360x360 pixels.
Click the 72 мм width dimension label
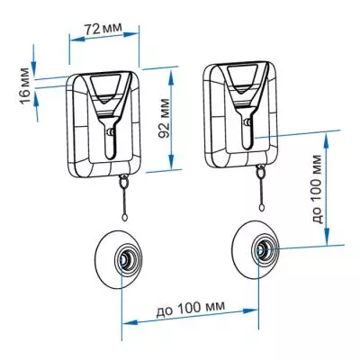tap(103, 29)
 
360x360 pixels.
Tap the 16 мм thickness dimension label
tap(25, 86)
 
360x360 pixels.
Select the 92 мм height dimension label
tap(164, 117)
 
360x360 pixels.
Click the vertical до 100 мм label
tap(318, 189)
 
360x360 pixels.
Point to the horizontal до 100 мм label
tap(190, 309)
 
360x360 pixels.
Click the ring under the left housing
tap(123, 181)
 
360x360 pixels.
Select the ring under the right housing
tap(260, 171)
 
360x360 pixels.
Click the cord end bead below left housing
tap(124, 218)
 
